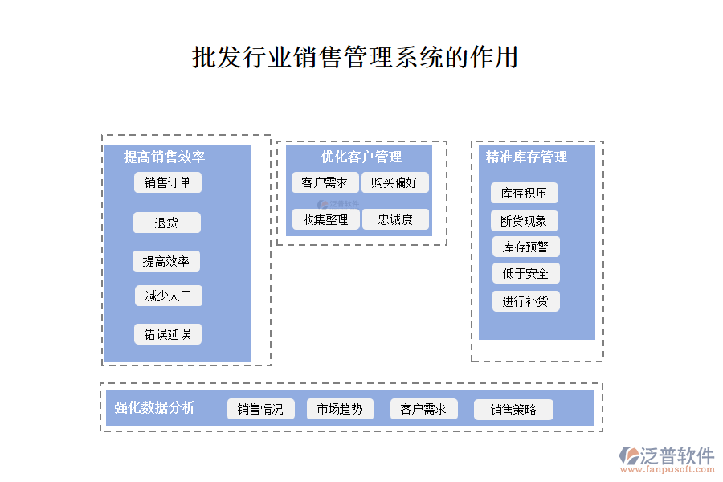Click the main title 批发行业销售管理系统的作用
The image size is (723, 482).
[x=355, y=58]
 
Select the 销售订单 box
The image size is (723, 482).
[x=168, y=182]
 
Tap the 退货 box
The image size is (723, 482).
[x=167, y=223]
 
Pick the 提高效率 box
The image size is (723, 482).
[x=166, y=261]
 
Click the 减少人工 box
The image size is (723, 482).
[x=169, y=296]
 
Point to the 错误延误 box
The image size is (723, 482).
[x=168, y=334]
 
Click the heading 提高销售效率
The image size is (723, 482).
[x=164, y=157]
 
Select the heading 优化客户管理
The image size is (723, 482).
[x=361, y=157]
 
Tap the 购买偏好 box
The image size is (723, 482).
[x=394, y=182]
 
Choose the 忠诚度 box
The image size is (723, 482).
[x=395, y=219]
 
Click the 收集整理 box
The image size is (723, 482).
[x=325, y=219]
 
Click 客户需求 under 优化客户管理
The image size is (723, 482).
[x=325, y=182]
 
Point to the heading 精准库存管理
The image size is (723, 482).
[x=526, y=157]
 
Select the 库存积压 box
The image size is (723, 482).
[x=524, y=193]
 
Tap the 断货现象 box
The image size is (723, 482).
[x=524, y=221]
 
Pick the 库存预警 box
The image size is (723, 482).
[x=525, y=247]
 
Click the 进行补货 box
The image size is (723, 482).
[x=525, y=301]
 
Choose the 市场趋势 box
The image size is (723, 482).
[x=340, y=409]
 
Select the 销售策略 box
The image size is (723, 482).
[x=514, y=410]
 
